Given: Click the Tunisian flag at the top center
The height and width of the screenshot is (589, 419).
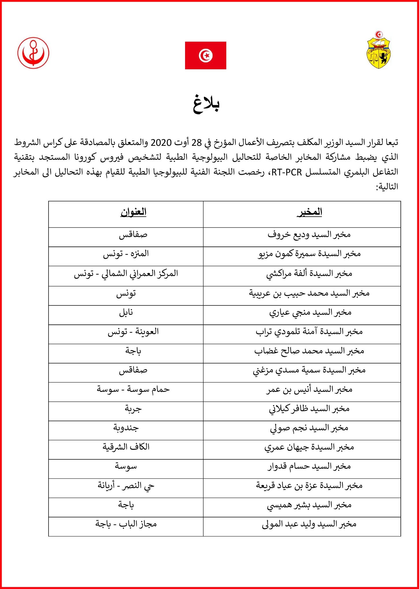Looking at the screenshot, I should point(205,55).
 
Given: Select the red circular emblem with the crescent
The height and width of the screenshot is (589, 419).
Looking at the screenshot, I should point(33,53).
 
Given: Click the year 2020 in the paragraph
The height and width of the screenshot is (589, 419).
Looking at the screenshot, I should point(161,143).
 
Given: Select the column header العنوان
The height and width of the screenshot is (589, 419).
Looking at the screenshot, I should point(133,212).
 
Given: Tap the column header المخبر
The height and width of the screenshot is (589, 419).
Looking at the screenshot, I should point(309,212).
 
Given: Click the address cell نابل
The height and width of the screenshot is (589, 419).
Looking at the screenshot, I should point(126,313).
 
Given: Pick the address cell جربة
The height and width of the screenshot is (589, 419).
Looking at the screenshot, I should point(133,409).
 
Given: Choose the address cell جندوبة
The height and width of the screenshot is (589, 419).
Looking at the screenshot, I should point(126,428).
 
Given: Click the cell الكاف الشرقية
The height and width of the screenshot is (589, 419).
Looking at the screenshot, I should point(126,447).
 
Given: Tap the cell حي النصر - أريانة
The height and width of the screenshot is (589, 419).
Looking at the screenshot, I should point(126,486).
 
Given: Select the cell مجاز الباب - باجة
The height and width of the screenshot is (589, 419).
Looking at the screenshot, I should point(126,524).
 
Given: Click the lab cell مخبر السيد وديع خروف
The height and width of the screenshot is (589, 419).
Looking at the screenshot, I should point(309,235).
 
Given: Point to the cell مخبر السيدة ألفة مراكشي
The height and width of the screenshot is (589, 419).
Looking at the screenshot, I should point(309,273).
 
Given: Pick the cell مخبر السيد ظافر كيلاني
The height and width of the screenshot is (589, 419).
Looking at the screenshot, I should point(309,409).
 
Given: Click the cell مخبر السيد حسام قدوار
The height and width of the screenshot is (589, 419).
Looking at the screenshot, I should point(309,467).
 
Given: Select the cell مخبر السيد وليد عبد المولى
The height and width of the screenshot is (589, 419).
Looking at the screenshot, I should point(309,524).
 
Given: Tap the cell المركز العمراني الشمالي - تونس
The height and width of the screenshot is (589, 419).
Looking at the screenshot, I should point(126,273).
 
